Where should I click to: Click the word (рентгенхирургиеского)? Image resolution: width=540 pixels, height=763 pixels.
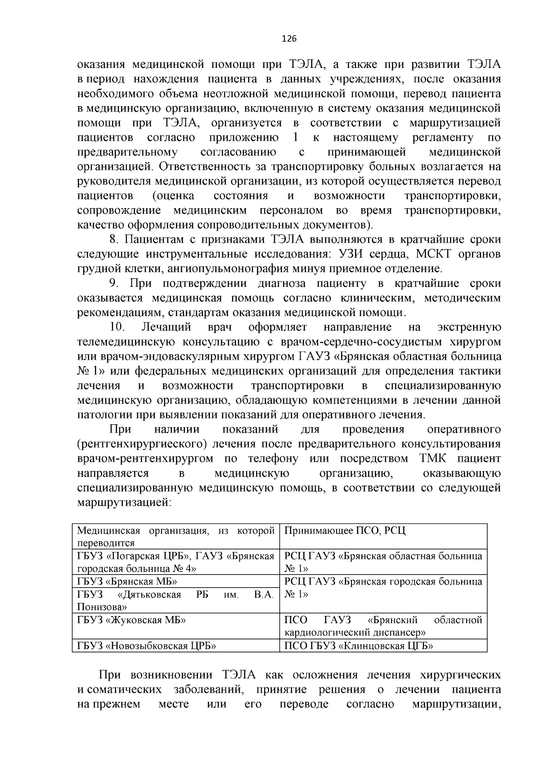(142, 444)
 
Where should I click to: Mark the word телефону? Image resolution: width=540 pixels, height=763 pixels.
(273, 459)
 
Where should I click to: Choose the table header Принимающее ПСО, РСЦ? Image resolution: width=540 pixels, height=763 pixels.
(345, 531)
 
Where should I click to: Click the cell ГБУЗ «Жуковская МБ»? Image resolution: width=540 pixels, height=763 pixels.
(131, 620)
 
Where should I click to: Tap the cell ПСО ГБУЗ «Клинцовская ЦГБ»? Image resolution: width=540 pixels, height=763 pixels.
(359, 646)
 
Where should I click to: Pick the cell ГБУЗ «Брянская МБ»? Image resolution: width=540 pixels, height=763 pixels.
(127, 581)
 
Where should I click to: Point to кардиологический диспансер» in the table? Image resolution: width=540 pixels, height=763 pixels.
(355, 633)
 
